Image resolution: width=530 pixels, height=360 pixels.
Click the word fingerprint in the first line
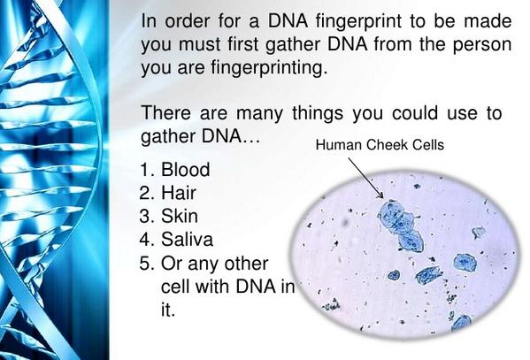click(x=358, y=21)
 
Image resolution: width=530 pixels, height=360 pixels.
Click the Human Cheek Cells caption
click(x=380, y=145)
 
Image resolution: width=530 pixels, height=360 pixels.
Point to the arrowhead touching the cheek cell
click(x=380, y=195)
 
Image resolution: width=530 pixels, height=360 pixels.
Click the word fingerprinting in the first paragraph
click(x=269, y=67)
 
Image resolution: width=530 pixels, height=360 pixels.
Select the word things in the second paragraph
click(x=318, y=113)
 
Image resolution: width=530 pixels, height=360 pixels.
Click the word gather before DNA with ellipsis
click(x=168, y=137)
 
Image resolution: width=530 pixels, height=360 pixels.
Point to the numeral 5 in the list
click(x=145, y=264)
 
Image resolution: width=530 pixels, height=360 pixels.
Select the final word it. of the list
click(x=168, y=310)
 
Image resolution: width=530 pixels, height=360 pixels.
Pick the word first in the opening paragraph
click(x=244, y=44)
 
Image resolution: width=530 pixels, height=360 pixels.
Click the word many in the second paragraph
click(x=259, y=114)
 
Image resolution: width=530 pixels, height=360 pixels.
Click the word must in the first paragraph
click(x=199, y=44)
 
